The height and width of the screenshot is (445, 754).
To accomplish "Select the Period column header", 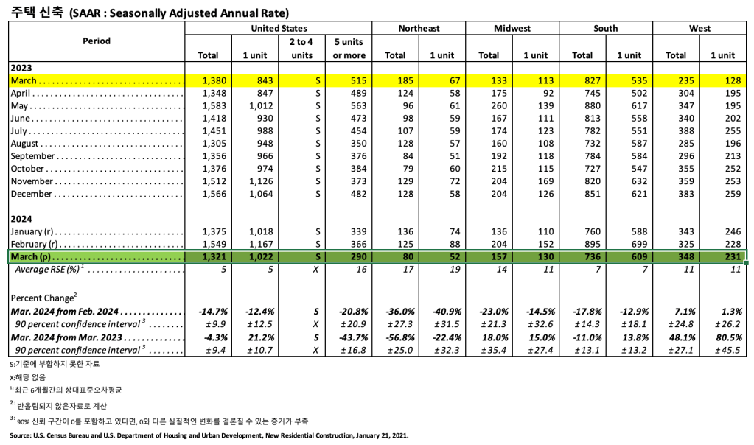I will [96, 41].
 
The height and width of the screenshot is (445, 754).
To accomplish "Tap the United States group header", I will [279, 28].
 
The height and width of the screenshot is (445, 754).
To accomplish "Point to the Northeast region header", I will [419, 28].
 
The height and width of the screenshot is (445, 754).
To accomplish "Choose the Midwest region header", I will [512, 28].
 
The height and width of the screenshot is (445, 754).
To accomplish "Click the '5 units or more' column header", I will [349, 49].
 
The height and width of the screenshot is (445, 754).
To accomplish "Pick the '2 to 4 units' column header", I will [301, 49].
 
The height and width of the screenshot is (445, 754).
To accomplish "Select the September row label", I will [34, 156].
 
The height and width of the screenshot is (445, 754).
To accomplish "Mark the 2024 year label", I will [21, 219].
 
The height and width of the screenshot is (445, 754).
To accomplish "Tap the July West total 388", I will [676, 131].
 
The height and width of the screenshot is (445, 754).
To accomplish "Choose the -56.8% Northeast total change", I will [395, 337].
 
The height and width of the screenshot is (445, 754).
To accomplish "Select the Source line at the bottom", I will [209, 436].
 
